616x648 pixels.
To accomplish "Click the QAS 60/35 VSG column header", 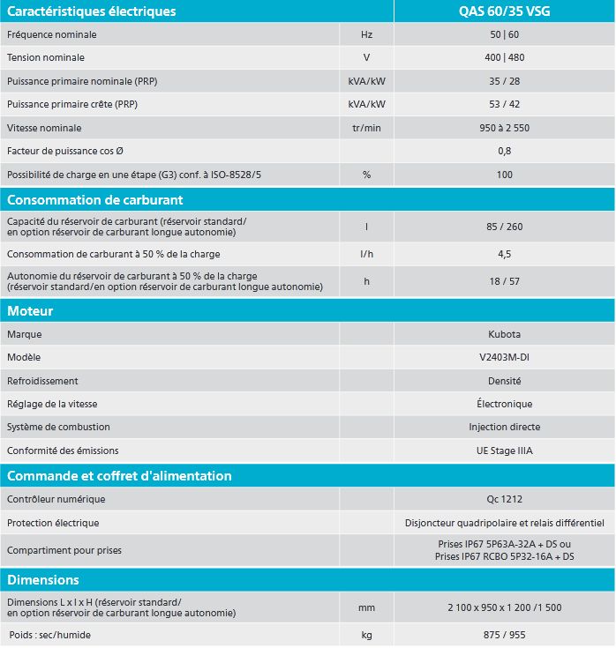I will pos(504,11).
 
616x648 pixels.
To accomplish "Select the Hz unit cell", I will pos(366,34).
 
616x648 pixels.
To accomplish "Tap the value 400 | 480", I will pos(504,57).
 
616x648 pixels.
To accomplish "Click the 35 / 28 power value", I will pos(504,81).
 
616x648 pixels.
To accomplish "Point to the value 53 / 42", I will pos(504,104).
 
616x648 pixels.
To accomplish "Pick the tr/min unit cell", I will pos(366,128).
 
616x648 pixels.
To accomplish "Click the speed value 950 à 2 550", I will pos(504,128).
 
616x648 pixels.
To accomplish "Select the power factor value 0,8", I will pos(504,151).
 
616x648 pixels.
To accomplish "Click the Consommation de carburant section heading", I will pos(95,200).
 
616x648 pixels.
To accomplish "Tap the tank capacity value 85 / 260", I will pos(504,227).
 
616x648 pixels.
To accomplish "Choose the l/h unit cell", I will pos(366,255).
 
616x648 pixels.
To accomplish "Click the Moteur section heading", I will pos(31,311).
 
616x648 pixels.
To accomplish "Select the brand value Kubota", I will pos(504,334).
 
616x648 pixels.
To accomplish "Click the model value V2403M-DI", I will pos(504,357).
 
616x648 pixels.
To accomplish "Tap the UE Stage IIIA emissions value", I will pos(504,451).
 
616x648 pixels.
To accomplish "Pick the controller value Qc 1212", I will pos(504,499).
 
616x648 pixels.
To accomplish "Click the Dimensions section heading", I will pos(43,580).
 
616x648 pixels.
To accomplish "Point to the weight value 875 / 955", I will pos(504,635).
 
